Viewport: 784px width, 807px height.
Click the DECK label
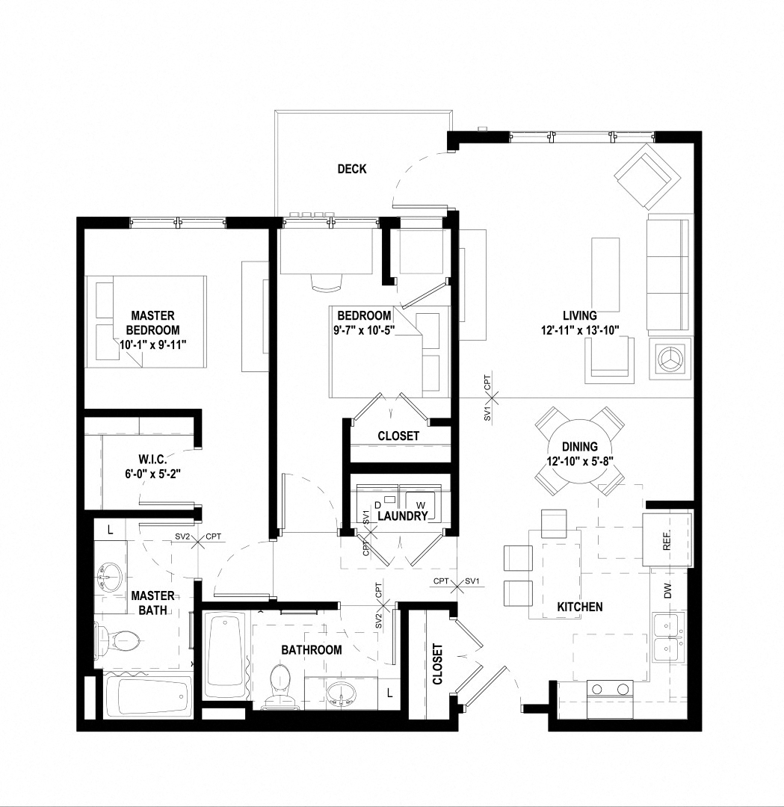tap(351, 169)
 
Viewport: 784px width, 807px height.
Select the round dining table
tap(579, 451)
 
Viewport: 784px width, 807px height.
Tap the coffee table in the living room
tap(605, 274)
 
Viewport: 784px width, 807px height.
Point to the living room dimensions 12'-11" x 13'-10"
tap(581, 330)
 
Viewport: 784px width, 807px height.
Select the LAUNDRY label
tap(402, 516)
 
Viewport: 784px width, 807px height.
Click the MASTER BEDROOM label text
tap(152, 323)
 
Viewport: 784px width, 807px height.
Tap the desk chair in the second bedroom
tap(325, 282)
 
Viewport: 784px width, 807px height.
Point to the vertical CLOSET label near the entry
tap(437, 664)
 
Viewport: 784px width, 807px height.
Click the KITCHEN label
tap(580, 607)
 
